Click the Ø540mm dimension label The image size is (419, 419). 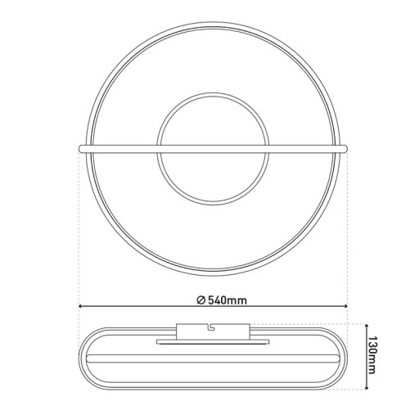(x=222, y=300)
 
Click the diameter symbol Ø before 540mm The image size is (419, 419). (x=201, y=300)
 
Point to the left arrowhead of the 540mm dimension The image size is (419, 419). (x=80, y=308)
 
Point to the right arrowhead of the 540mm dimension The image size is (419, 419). (x=347, y=308)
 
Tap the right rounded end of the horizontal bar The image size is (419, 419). (x=348, y=148)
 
